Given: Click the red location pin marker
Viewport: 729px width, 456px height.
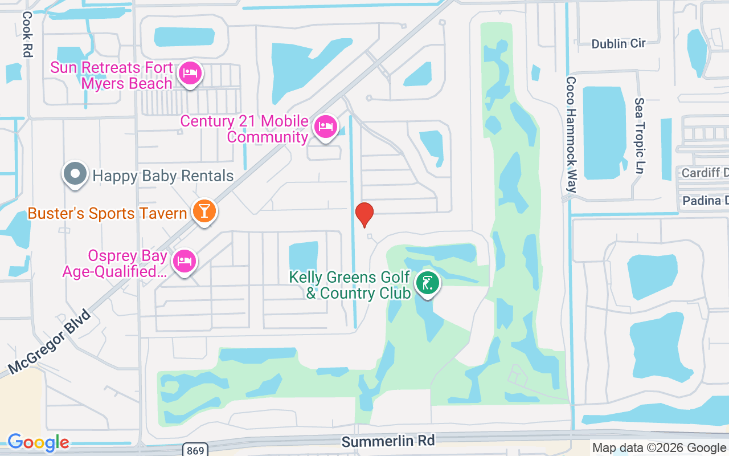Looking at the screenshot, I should [x=364, y=214].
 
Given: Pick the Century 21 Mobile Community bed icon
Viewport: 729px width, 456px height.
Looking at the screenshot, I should [x=325, y=127].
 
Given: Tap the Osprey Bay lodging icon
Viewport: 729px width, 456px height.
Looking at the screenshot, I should [x=183, y=261].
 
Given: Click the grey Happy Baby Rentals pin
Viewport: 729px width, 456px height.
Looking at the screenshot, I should [x=75, y=174].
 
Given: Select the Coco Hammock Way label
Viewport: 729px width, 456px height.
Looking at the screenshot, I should [x=571, y=135].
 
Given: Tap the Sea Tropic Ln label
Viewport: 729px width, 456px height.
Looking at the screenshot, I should [x=640, y=136].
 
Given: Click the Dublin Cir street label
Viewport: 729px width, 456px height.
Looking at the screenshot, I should [x=618, y=44].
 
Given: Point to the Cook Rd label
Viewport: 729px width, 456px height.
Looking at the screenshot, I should [x=27, y=34].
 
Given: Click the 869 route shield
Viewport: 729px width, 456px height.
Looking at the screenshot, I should [x=194, y=450].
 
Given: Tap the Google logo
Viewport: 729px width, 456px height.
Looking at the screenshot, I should [x=38, y=442].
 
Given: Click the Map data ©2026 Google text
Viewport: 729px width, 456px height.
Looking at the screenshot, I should [x=659, y=448].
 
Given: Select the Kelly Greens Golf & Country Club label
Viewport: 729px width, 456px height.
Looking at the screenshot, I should [x=350, y=286].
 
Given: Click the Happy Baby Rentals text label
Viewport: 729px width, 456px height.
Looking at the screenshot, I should [x=163, y=176].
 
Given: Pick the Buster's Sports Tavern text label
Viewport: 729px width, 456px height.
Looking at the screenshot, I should [x=108, y=214].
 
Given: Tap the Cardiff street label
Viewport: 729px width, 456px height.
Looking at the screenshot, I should [x=705, y=172].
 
